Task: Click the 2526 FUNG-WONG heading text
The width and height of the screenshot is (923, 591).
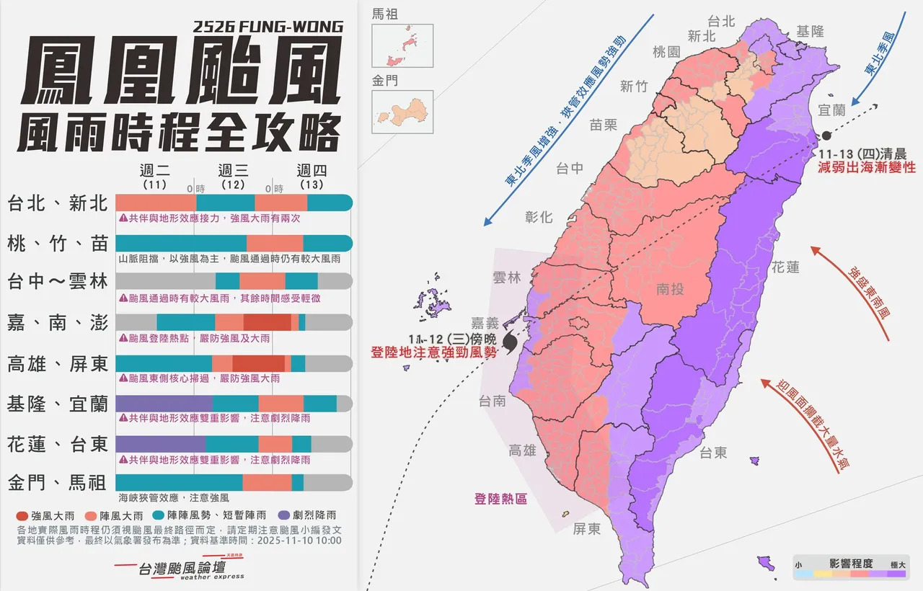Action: [268, 27]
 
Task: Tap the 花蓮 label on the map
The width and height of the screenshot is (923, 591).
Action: [785, 267]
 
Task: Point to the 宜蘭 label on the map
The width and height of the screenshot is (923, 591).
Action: [831, 110]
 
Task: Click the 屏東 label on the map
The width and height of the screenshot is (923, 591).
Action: [587, 529]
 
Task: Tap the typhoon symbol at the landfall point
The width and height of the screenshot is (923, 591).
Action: [510, 344]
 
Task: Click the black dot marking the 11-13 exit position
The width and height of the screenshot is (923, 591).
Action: [826, 135]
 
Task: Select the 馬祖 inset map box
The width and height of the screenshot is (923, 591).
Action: [402, 46]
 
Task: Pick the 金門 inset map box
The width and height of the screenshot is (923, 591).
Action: [402, 112]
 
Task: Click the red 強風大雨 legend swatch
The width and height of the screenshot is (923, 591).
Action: [22, 515]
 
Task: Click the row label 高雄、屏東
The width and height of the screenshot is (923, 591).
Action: [57, 364]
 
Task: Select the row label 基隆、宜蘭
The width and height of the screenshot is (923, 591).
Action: [57, 404]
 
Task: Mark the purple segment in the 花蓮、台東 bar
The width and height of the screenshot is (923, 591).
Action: [159, 444]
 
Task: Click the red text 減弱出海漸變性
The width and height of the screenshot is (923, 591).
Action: [866, 167]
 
